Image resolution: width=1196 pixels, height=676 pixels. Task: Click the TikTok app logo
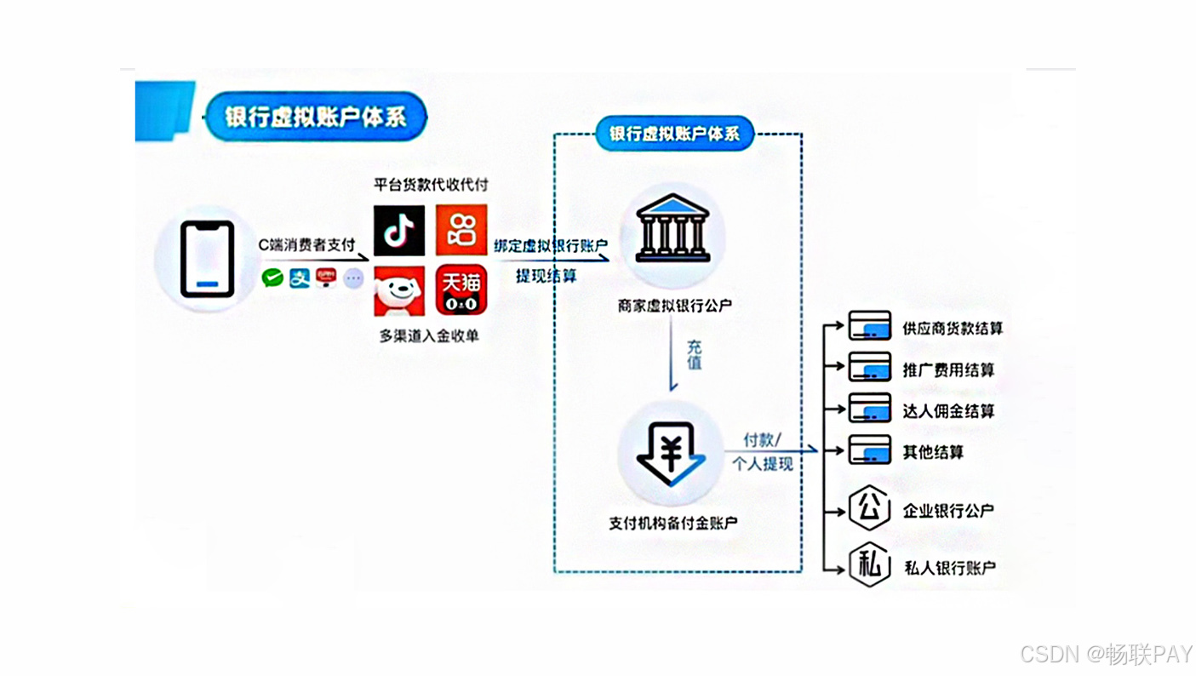(399, 230)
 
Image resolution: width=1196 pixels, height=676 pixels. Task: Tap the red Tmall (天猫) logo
(461, 290)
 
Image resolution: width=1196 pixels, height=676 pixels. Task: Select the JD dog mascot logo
(399, 290)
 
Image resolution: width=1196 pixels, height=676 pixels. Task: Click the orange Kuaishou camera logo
(461, 230)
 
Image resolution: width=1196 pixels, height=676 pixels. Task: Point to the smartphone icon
(207, 259)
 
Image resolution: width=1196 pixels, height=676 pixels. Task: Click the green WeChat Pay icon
(272, 278)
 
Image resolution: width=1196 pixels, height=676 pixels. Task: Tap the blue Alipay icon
(299, 278)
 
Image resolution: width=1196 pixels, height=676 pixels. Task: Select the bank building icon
(672, 230)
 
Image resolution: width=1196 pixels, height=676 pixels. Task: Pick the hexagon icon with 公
(869, 509)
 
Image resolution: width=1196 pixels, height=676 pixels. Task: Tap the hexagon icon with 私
(869, 566)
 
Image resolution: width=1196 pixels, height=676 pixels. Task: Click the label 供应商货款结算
(953, 328)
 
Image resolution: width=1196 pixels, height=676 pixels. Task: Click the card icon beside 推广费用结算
(869, 369)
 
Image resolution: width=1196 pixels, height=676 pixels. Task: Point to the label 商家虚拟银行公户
(675, 305)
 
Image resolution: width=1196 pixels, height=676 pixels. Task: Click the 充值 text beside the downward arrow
(694, 356)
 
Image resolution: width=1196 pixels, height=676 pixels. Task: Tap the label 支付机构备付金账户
(672, 523)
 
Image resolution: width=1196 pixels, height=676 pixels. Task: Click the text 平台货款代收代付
(432, 185)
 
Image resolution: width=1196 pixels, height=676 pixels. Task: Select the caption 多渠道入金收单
(429, 335)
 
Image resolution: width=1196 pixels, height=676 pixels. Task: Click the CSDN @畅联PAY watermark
(1106, 654)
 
